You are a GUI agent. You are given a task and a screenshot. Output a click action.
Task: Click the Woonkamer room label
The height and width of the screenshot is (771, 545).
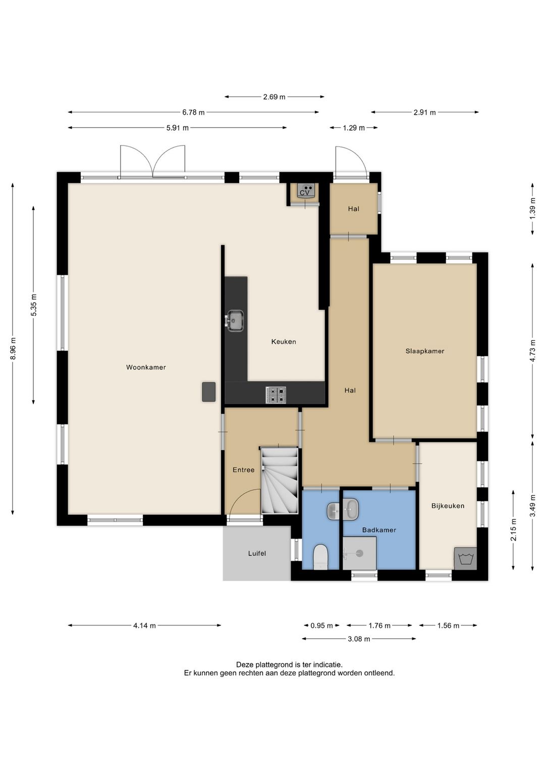[x=146, y=367]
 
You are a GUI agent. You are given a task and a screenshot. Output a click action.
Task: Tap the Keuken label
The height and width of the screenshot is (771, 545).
[x=283, y=342]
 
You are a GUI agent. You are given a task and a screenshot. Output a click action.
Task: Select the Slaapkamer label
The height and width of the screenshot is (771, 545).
[x=425, y=351]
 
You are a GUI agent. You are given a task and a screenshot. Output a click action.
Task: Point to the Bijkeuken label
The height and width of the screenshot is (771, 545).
[x=448, y=506]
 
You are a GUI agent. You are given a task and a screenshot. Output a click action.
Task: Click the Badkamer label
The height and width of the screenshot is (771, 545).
[x=379, y=529]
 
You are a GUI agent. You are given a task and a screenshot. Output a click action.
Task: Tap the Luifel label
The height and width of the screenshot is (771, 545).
[x=257, y=553]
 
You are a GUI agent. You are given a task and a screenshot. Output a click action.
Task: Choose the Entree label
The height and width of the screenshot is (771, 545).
[x=243, y=470]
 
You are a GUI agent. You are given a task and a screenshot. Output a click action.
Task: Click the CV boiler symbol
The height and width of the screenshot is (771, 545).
[x=305, y=190]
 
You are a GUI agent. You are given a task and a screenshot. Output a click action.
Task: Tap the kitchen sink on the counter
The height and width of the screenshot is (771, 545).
[x=235, y=321]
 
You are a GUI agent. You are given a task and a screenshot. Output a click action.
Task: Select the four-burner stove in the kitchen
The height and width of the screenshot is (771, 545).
[x=276, y=395]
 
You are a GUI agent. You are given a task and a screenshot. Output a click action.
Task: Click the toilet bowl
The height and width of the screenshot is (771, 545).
[x=321, y=557]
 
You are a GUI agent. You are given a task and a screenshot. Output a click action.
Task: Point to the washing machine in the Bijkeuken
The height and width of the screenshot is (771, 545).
[x=466, y=558]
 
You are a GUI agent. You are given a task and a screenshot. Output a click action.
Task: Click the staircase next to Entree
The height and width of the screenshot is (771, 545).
[x=279, y=480]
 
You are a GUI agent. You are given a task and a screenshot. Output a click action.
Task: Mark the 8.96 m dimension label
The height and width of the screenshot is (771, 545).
[x=13, y=349]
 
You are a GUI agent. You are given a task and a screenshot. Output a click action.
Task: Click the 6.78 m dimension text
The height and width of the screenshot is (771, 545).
[x=193, y=112]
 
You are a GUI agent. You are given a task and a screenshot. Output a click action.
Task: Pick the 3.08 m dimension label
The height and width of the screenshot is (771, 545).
[x=359, y=639]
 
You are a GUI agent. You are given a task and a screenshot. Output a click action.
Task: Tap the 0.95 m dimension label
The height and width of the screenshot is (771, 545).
[x=321, y=626]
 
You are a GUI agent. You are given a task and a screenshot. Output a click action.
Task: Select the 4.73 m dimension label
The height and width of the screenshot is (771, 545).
[x=532, y=351]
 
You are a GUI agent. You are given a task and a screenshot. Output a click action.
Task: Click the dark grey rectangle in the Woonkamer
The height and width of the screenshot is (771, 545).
[x=209, y=392]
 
